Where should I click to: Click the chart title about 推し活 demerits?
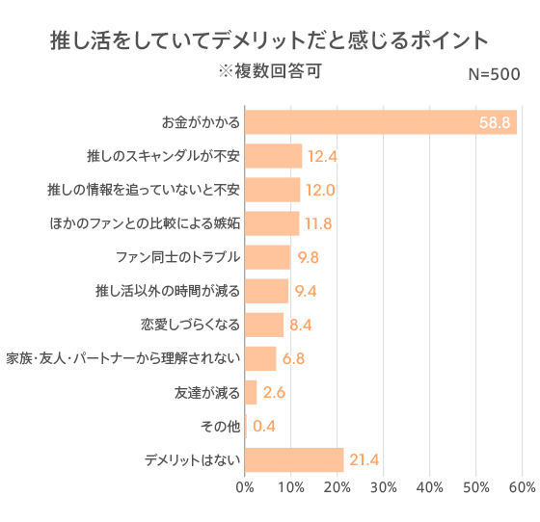pos(269,41)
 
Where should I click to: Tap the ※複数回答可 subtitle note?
pos(269,72)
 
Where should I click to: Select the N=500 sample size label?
pos(493,75)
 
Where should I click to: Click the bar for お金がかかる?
pos(381,122)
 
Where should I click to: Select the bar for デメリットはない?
pos(294,459)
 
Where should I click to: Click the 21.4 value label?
pos(364,459)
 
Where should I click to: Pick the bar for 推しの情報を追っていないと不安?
pos(273,190)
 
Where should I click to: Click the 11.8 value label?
pos(318,223)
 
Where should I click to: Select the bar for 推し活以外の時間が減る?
pos(267,291)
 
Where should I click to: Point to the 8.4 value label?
pos(303,325)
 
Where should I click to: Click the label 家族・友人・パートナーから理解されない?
pos(122,358)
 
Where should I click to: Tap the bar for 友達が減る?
pos(251,392)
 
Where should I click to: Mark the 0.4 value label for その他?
pos(265,426)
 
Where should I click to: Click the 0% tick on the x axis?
pos(246,488)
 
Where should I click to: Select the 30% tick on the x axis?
pos(384,488)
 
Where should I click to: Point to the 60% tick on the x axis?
pos(522,488)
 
